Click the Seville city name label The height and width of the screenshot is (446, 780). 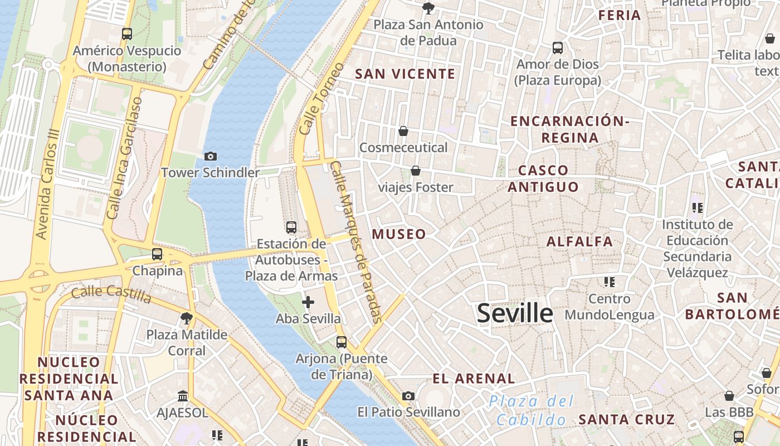pos(515,313)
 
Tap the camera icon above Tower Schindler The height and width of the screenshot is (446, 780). pos(211,156)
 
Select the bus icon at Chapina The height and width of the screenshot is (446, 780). pos(157,254)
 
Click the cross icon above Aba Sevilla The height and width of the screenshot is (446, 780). pos(308,302)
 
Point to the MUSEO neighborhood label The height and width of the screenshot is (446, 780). pos(399,234)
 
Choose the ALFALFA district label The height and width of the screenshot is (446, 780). pos(579,241)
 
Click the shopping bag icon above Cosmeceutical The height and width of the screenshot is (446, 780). pos(403,131)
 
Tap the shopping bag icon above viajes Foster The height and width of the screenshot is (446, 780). pos(415,171)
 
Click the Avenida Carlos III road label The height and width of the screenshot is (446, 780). pos(47,184)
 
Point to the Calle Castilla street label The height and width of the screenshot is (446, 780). pos(111,294)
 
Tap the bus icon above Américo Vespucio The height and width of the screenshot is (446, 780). pos(127,34)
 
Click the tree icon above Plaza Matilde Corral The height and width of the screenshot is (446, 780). pos(187,318)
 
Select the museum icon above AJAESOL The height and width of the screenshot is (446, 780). pos(182,396)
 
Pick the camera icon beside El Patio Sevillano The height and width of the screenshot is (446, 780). pos(408,396)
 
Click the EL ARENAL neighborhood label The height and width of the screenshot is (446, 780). pos(474,379)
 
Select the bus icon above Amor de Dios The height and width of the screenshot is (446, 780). pos(558,48)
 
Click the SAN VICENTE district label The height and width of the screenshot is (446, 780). pos(405,74)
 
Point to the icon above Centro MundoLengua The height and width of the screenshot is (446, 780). pos(609,282)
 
